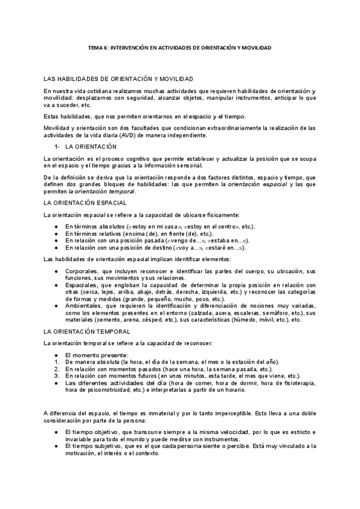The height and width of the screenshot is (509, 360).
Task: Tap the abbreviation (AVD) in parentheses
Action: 143,135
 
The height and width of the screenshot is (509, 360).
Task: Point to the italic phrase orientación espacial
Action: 256,185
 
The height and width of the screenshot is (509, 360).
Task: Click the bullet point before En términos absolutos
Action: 56,226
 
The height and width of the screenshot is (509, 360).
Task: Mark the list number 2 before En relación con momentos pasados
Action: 56,369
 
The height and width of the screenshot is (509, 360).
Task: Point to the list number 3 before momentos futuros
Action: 56,376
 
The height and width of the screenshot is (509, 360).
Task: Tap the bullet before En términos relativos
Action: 56,233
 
